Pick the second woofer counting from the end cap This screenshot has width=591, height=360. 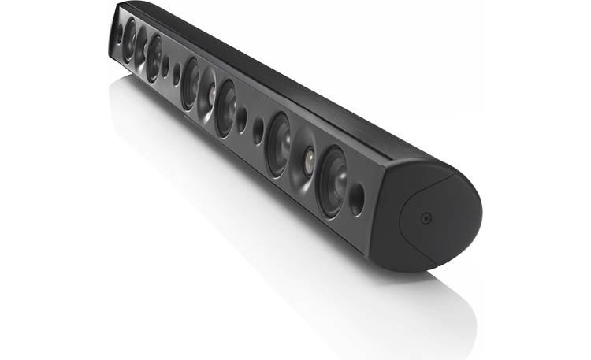click(x=278, y=143)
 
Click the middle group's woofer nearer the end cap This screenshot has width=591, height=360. click(x=226, y=108)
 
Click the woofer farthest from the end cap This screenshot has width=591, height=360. click(x=128, y=40)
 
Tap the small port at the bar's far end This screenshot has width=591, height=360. click(x=118, y=34)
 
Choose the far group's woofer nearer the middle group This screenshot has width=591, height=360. click(x=154, y=58)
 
